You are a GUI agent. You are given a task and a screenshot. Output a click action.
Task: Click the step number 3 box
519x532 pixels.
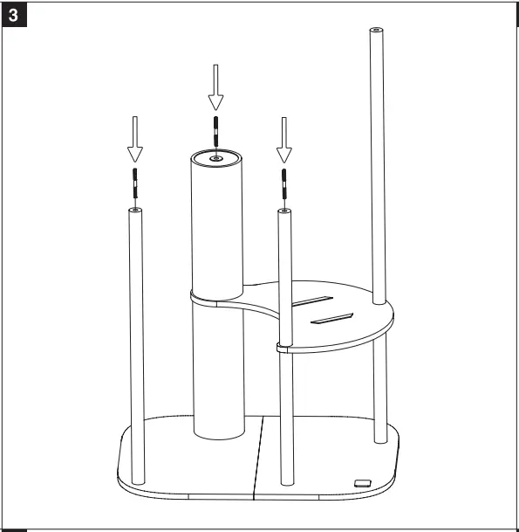16,16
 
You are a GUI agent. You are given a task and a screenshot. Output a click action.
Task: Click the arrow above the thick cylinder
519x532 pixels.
215,84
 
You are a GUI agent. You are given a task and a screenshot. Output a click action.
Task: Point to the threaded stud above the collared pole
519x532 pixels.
284,185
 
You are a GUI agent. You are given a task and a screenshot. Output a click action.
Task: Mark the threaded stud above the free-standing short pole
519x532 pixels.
135,184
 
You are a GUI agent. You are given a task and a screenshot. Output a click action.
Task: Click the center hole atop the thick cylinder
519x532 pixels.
215,158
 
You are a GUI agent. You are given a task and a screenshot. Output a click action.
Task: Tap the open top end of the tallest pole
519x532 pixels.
375,31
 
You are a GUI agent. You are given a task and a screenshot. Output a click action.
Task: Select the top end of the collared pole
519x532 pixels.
284,211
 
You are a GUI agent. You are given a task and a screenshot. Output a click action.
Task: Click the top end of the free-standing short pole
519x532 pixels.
135,211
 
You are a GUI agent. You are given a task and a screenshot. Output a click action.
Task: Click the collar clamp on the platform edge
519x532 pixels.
284,348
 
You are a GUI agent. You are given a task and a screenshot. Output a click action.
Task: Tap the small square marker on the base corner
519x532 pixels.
362,481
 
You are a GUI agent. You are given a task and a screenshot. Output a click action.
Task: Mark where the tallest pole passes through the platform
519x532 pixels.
377,303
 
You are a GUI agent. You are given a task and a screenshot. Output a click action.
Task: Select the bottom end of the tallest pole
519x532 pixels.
378,439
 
